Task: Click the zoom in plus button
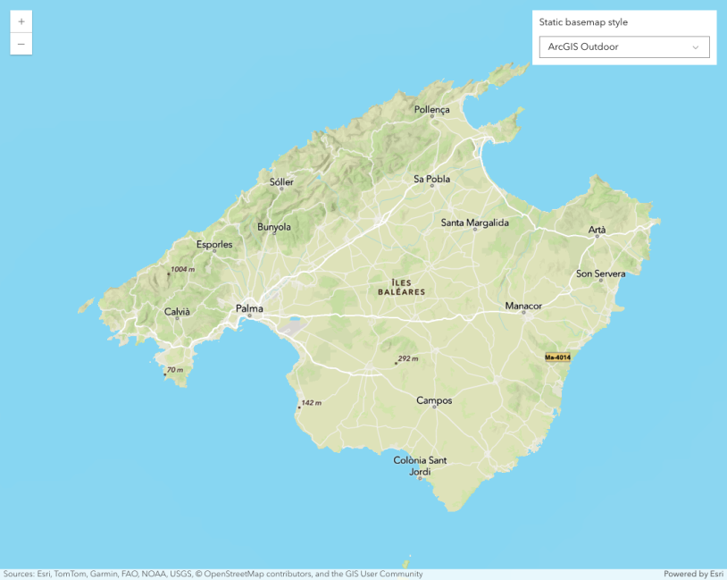(x=21, y=21)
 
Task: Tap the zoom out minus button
(x=21, y=44)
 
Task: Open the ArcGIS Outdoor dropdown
(x=624, y=47)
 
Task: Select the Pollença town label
(x=432, y=110)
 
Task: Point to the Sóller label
(x=281, y=181)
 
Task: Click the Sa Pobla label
(x=431, y=179)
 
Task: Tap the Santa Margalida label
(x=474, y=223)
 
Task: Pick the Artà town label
(x=597, y=230)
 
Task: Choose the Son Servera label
(x=600, y=273)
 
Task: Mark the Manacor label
(x=523, y=306)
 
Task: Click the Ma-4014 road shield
(x=557, y=357)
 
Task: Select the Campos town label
(x=434, y=400)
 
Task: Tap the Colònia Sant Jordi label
(x=420, y=466)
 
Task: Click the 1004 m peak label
(x=182, y=269)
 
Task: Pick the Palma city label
(x=249, y=308)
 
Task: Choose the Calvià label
(x=177, y=312)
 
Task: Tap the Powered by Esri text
(x=693, y=574)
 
